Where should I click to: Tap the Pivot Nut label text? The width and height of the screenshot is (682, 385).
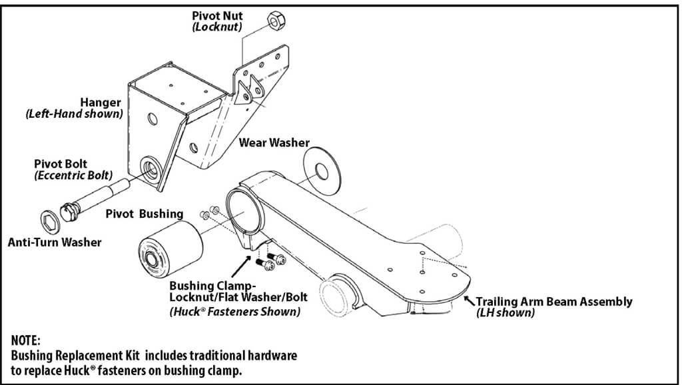point(216,15)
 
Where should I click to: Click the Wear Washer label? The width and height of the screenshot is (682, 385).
point(274,143)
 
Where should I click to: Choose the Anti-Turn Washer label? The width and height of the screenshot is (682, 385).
point(55,242)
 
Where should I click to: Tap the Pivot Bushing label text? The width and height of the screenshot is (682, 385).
point(145,214)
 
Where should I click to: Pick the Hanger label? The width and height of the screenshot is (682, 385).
point(101,103)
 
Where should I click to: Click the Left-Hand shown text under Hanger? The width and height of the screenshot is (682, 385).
point(75,114)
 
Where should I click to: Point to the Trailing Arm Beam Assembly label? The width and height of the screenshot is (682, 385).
point(553,302)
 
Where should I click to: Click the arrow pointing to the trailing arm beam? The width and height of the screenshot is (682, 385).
point(469,298)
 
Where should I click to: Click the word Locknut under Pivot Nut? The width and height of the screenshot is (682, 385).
point(217,27)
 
